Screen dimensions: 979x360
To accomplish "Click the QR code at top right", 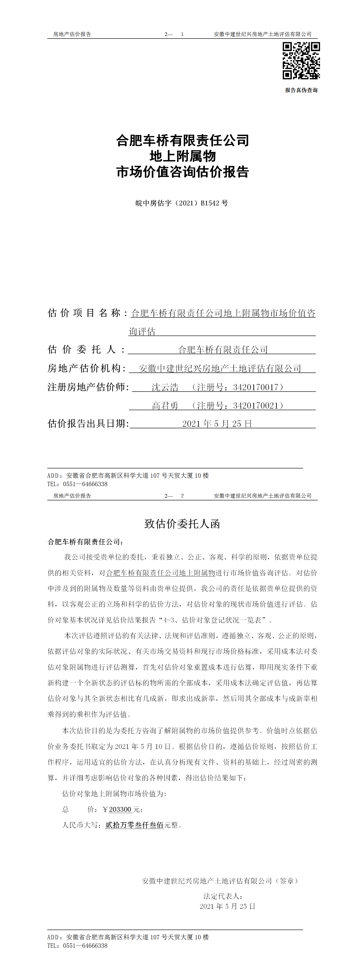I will click(301, 61).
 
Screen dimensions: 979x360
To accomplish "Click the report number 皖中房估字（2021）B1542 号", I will click(182, 203).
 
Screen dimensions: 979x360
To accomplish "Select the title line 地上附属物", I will click(182, 156).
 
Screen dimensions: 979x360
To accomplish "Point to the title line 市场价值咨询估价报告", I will click(182, 172).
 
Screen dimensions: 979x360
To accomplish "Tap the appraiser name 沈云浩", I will click(165, 387).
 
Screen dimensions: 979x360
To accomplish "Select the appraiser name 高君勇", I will click(165, 406).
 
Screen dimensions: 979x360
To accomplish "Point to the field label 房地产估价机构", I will click(86, 368).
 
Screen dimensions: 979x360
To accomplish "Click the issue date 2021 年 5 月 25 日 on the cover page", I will click(217, 424).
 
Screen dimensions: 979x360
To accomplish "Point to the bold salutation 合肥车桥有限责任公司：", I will click(85, 542).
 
